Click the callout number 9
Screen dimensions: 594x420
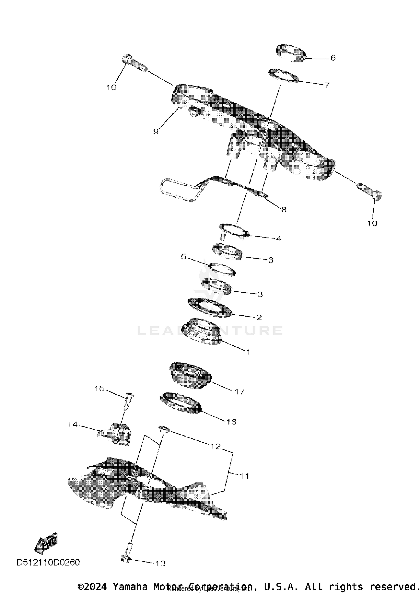156,131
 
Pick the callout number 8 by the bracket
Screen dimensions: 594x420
284,209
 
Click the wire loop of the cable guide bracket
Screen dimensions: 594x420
179,190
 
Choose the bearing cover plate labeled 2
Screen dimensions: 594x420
210,308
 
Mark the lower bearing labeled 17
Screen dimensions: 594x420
190,375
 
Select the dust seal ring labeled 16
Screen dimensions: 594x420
181,402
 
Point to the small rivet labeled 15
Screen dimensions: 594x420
129,402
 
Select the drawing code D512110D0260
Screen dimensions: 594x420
48,562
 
